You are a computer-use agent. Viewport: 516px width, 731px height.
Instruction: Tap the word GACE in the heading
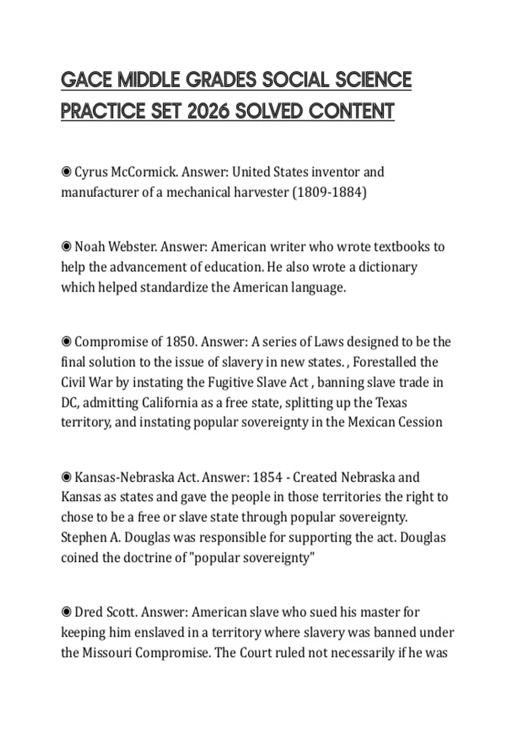click(87, 80)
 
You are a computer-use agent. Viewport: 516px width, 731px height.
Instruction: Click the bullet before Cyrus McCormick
click(66, 172)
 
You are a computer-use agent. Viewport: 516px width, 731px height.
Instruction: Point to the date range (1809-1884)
click(329, 192)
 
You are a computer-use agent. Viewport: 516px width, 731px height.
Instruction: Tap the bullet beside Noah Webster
click(66, 247)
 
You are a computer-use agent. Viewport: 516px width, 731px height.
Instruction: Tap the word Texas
click(391, 403)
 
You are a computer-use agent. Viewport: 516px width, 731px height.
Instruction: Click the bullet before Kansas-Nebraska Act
click(66, 477)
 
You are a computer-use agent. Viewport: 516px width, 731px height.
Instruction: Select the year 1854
click(267, 477)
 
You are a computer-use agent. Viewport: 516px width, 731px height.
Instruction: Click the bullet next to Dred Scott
click(66, 612)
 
